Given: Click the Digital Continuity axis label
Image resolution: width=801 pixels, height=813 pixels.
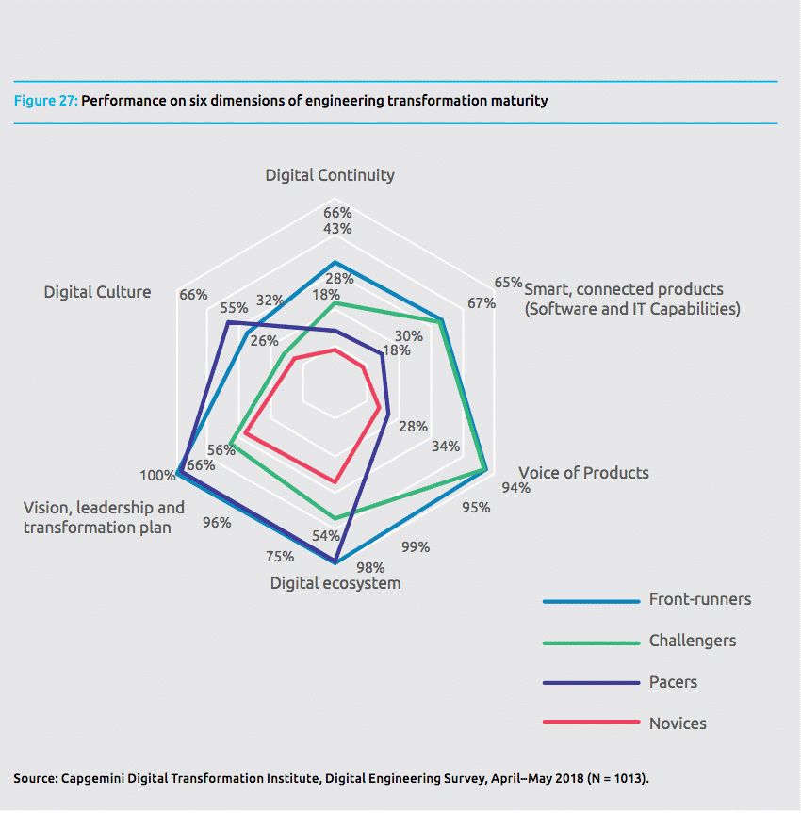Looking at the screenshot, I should [x=330, y=175].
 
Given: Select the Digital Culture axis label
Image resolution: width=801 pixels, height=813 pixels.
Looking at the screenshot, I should [x=97, y=292].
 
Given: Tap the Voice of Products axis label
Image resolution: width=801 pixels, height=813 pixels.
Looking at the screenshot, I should [x=583, y=472].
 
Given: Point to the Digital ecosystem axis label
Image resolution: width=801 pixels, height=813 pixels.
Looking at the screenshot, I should [x=335, y=583].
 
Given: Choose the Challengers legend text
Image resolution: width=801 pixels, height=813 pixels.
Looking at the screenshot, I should [x=693, y=641].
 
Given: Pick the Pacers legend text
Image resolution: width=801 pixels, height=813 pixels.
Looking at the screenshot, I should [x=674, y=682].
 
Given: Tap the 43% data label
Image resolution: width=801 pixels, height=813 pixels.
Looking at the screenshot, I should [x=336, y=229].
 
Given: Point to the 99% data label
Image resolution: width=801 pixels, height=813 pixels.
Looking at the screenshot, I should [x=416, y=546].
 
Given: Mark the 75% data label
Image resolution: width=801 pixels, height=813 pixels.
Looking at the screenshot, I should [x=281, y=556].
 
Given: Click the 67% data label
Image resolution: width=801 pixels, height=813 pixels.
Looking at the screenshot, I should [x=481, y=303].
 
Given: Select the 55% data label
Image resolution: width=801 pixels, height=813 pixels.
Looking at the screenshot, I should [x=234, y=307].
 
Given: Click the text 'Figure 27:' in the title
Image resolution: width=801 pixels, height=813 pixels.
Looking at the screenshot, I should [x=45, y=100].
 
